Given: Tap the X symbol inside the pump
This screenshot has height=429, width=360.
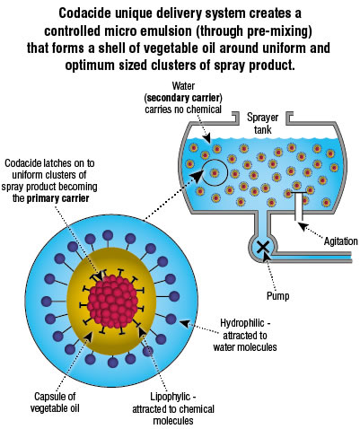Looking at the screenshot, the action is tap(263, 248).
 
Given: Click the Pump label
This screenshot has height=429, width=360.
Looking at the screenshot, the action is tap(278, 296).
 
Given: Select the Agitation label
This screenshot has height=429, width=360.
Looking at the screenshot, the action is tap(340, 241).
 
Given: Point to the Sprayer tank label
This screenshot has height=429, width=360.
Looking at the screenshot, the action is tap(263, 123).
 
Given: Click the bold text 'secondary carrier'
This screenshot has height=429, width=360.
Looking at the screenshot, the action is tap(183, 98).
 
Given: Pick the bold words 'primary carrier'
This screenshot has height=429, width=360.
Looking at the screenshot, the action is tap(57, 198).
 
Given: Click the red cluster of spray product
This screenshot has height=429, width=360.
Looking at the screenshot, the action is tap(113, 302).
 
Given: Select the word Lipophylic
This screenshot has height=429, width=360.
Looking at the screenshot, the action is tap(170, 397).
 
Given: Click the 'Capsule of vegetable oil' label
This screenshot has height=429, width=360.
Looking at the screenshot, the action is tap(55, 402).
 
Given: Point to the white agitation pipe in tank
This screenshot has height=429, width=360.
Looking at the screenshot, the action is tap(298, 206).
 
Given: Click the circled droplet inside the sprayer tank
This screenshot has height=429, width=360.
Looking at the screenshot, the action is tap(215, 172).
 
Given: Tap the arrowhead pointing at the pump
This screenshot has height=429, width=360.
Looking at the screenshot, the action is tap(266, 258).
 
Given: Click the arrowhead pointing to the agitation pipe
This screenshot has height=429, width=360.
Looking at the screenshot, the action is tap(303, 226).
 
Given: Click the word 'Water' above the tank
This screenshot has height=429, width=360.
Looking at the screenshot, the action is tap(183, 86).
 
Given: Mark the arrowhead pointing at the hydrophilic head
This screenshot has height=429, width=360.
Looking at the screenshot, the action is tap(184, 323).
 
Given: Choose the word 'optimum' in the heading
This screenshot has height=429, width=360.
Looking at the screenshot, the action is tap(90, 66).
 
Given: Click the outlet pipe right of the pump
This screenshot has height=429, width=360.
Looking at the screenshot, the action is tap(314, 257).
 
